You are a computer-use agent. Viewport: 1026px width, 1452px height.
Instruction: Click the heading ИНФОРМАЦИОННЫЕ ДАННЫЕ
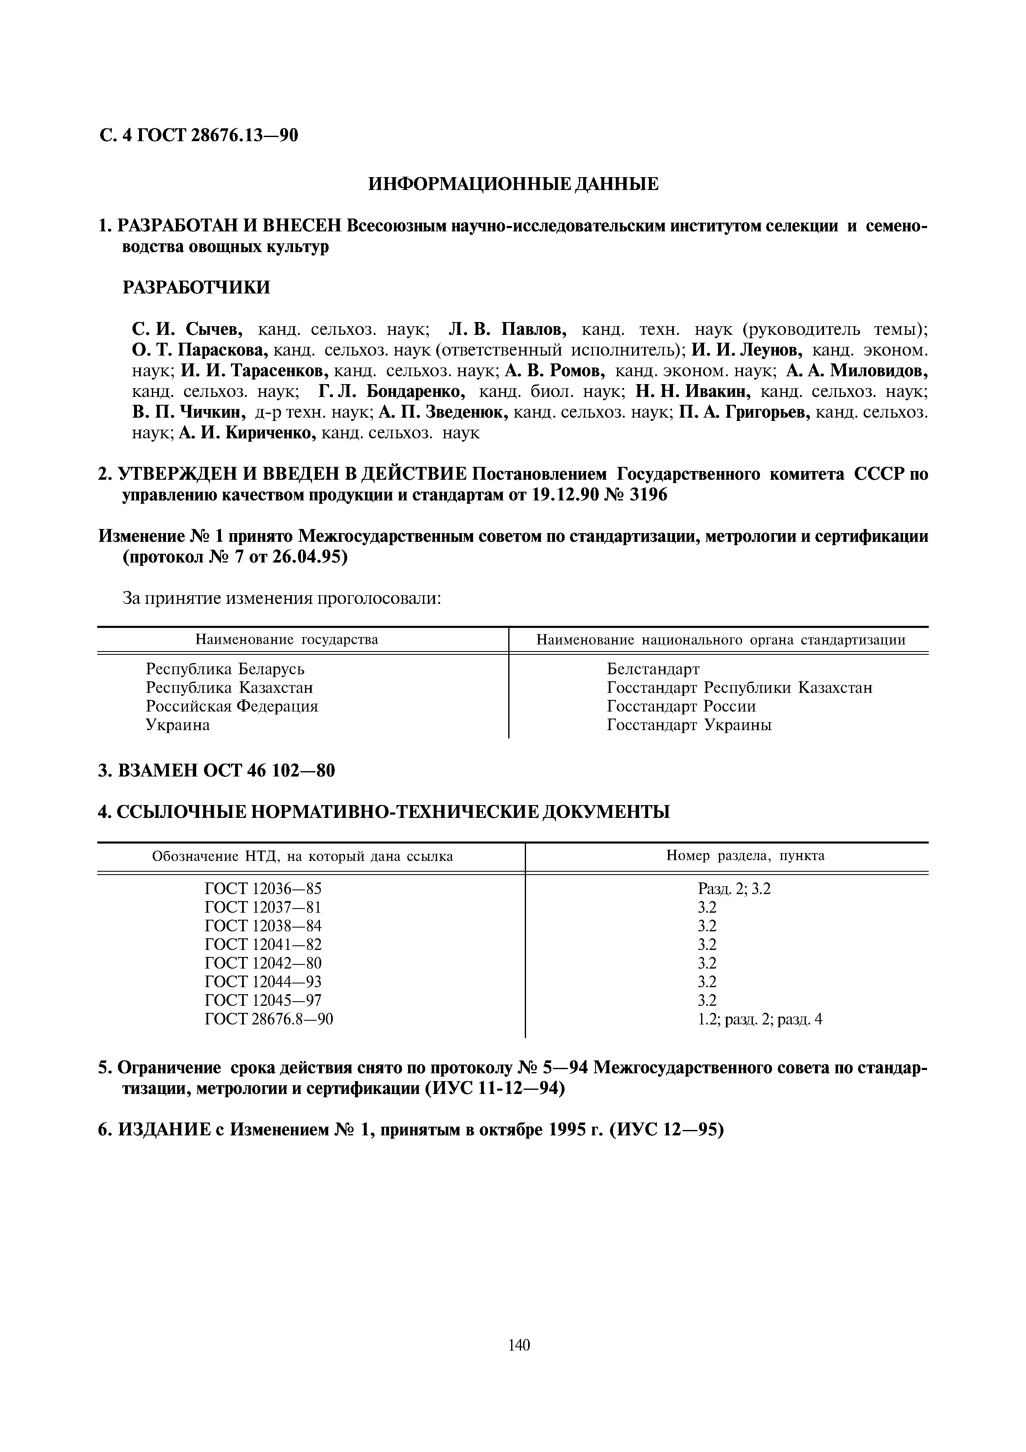513,184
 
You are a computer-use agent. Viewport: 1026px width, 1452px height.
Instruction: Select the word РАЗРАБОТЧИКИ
195,288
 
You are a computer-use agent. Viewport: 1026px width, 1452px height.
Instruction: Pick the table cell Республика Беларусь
225,668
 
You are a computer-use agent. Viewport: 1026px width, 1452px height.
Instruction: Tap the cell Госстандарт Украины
689,725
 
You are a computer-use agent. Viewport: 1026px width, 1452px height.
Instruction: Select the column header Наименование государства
286,639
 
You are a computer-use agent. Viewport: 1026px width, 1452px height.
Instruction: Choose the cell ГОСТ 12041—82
263,944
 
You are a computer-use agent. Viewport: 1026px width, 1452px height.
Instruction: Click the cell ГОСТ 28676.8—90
269,1019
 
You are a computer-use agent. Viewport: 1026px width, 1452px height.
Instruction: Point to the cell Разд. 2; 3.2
734,889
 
